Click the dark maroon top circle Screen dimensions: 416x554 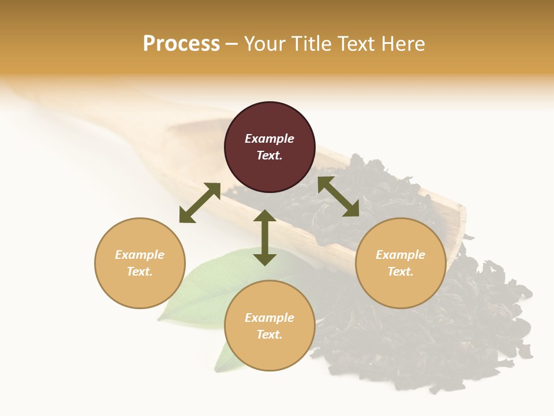tap(269, 147)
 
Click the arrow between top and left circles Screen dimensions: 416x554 tap(200, 203)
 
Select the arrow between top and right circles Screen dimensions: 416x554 tap(338, 196)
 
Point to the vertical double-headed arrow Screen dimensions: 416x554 tap(265, 237)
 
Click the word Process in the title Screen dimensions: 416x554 tap(181, 43)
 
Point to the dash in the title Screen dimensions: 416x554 tap(232, 44)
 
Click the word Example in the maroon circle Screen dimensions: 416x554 tap(269, 139)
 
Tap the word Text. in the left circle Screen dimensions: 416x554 tap(140, 272)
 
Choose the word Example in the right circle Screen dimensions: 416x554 tap(400, 255)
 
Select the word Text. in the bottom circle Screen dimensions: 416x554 tap(269, 335)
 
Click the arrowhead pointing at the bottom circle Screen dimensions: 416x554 tap(265, 259)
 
